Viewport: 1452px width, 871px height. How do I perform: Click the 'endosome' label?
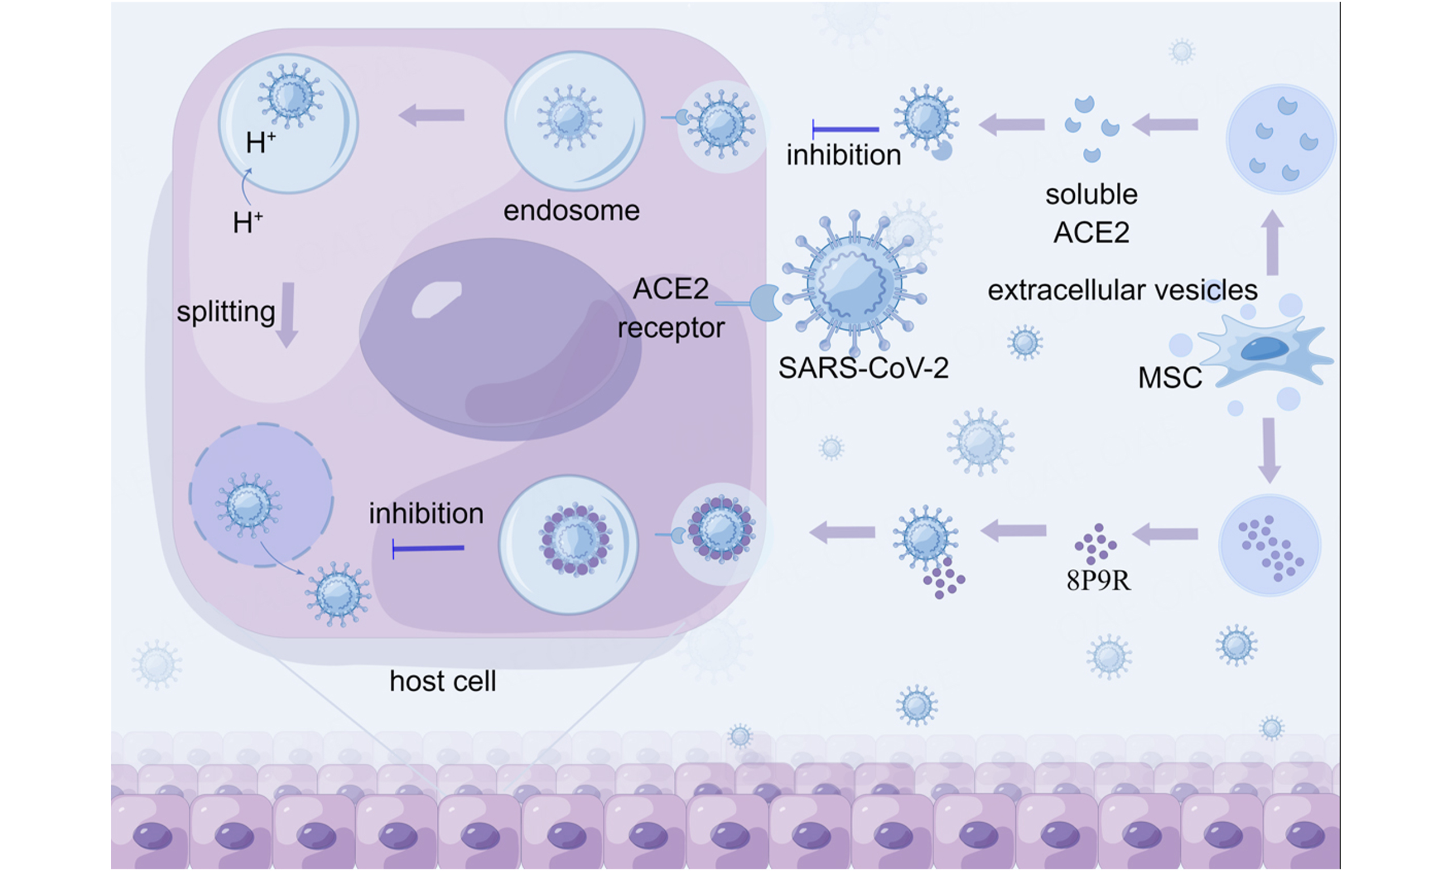tap(571, 211)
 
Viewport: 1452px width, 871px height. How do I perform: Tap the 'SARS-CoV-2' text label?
tap(863, 369)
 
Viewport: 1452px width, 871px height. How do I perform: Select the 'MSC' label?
tap(1169, 378)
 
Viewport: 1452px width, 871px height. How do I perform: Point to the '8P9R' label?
tap(1098, 581)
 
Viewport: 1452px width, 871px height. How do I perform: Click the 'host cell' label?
tap(442, 682)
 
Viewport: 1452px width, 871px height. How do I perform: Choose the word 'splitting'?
tap(226, 312)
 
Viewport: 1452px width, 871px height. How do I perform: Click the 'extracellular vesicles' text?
tap(1122, 290)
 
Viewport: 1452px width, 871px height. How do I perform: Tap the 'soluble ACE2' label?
tap(1091, 214)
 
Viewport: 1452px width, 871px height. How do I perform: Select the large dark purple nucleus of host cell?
tap(499, 339)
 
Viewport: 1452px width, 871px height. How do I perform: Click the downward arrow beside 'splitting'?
tap(288, 315)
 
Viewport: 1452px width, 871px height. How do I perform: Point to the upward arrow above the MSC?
tap(1272, 243)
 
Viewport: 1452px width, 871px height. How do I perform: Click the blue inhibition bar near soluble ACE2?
tap(845, 129)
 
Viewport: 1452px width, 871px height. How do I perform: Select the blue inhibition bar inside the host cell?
tap(428, 548)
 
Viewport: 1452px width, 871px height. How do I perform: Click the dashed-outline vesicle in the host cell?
tap(261, 495)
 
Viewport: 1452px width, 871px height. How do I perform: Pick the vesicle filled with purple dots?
tap(1269, 546)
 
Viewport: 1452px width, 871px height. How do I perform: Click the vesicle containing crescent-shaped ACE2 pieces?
tap(1281, 139)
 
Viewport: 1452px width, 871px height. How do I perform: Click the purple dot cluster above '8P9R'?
tap(1095, 544)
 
